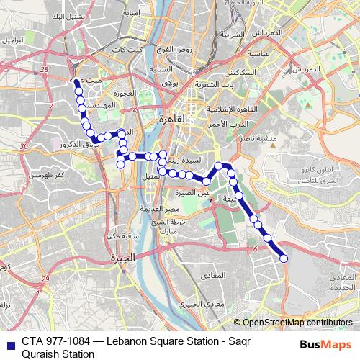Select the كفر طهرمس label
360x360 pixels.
48,175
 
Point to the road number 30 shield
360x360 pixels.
24,147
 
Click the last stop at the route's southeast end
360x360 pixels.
284,258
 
